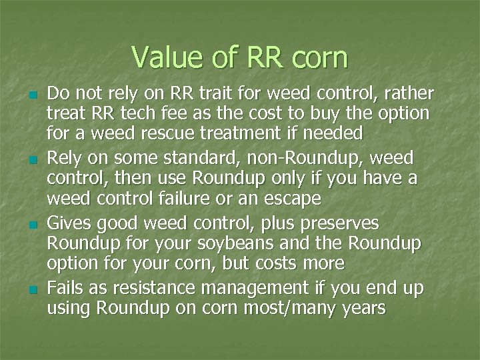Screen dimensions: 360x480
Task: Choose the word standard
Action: (x=197, y=157)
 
